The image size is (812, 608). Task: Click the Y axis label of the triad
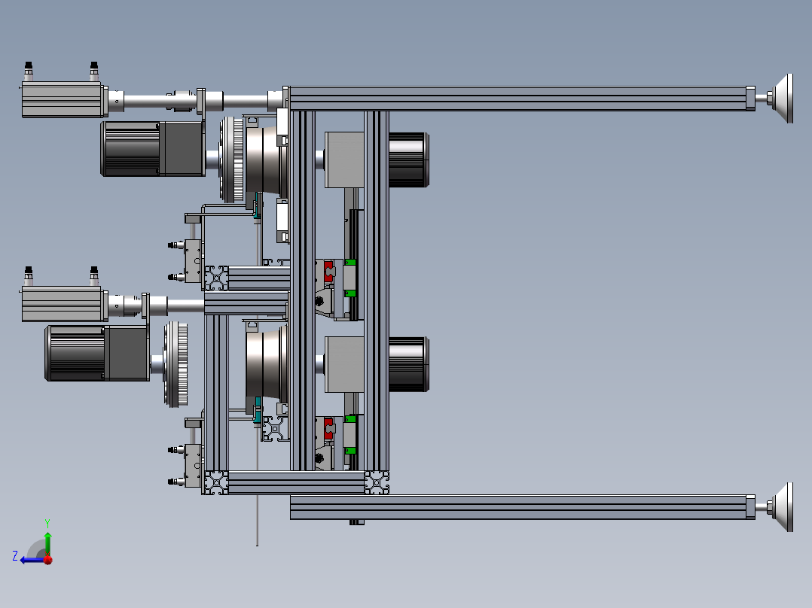[x=47, y=523]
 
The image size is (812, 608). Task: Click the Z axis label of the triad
[x=15, y=556]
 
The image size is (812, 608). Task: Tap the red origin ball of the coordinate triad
[x=48, y=559]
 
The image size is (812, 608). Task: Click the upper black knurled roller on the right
[x=408, y=160]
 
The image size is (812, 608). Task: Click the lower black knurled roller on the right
[x=408, y=364]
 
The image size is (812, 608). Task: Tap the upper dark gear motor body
[x=152, y=149]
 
